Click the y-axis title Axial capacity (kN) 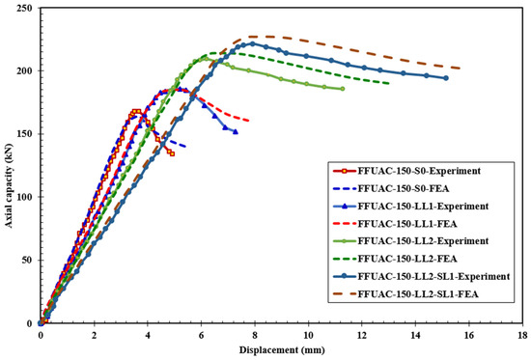pos(8,185)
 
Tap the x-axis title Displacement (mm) pos(282,350)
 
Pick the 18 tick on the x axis pos(522,335)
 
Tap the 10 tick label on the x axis pos(308,335)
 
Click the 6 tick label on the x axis pos(201,335)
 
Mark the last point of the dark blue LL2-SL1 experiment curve pos(446,78)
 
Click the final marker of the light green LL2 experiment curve pos(343,89)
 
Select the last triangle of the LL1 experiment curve pos(236,131)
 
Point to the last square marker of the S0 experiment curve pos(172,153)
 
